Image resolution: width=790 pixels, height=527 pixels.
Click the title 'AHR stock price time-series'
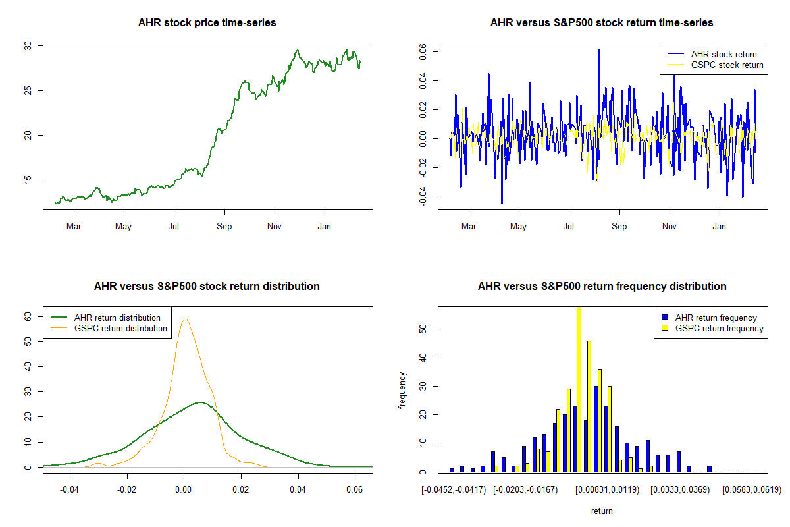pyautogui.click(x=207, y=23)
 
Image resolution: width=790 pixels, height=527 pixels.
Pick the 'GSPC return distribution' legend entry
pyautogui.click(x=120, y=328)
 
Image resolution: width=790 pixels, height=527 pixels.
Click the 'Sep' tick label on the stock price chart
pyautogui.click(x=224, y=227)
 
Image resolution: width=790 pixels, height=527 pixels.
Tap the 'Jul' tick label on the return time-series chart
pyautogui.click(x=569, y=227)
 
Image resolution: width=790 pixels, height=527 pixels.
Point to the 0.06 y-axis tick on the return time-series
pyautogui.click(x=423, y=51)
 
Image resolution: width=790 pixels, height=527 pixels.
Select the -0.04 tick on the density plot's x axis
pyautogui.click(x=70, y=490)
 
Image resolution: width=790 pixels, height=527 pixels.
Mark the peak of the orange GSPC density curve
pyautogui.click(x=185, y=319)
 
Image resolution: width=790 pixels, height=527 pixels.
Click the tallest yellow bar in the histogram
pyautogui.click(x=579, y=389)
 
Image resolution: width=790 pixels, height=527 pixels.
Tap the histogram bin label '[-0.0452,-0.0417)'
pyautogui.click(x=454, y=490)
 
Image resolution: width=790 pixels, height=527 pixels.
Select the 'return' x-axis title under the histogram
pyautogui.click(x=602, y=511)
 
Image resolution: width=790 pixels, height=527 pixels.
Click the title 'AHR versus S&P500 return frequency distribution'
pyautogui.click(x=602, y=287)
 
